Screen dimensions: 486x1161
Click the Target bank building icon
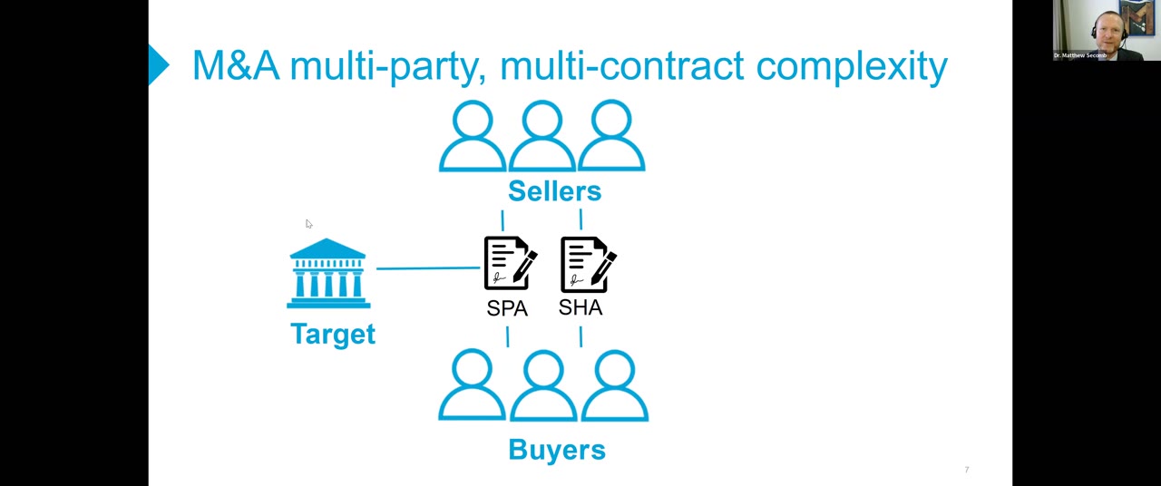pos(327,273)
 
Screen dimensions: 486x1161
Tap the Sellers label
pos(554,191)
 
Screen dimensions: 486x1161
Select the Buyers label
pos(556,450)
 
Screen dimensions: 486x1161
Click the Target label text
pos(332,335)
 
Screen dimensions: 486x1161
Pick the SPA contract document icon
pos(510,264)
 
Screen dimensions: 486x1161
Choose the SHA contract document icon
pos(588,264)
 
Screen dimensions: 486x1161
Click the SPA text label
pos(507,308)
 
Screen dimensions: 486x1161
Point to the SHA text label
pos(580,307)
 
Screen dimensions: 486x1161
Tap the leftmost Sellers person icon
pos(473,137)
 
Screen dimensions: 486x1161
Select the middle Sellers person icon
pos(542,137)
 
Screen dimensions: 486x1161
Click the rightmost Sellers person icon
pos(611,137)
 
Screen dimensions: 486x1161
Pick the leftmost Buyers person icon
pos(472,387)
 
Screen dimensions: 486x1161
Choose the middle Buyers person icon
pos(543,387)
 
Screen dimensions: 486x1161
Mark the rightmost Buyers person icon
pos(615,387)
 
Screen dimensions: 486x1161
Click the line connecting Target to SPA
pos(427,268)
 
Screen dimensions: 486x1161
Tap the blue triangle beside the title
pos(159,65)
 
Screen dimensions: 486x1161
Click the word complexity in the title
pos(851,66)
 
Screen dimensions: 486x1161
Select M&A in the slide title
pos(236,66)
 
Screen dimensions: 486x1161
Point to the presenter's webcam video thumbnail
pos(1107,30)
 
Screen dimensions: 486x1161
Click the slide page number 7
pos(967,470)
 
